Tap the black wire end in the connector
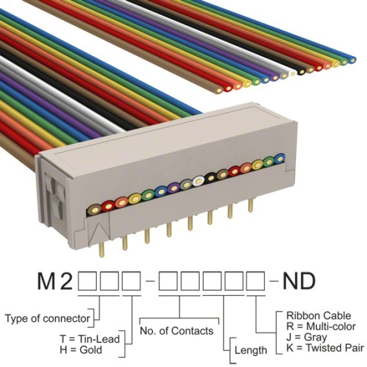click(x=211, y=178)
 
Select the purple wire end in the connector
click(x=174, y=187)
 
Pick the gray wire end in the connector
click(x=186, y=185)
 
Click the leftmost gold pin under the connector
click(x=101, y=250)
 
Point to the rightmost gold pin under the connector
click(x=251, y=205)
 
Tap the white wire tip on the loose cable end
click(x=293, y=73)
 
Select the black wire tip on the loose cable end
click(x=302, y=71)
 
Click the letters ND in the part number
click(x=299, y=280)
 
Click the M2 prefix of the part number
click(x=55, y=280)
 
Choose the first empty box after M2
click(x=87, y=281)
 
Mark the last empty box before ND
click(x=255, y=281)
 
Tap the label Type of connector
click(x=47, y=319)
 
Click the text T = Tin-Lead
click(x=90, y=339)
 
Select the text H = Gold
click(x=81, y=350)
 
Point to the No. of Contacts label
click(x=176, y=331)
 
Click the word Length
click(x=251, y=350)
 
